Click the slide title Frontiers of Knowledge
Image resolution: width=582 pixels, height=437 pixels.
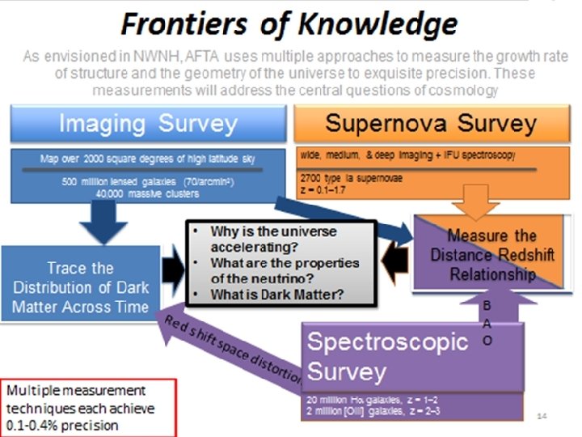click(289, 25)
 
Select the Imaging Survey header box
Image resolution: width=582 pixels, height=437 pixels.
click(147, 124)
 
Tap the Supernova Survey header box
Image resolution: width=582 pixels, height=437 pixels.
click(430, 124)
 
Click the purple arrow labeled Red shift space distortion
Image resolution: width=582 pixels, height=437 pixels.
click(234, 348)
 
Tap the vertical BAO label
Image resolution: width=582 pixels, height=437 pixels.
click(487, 322)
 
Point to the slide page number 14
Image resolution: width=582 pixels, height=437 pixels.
click(543, 415)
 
